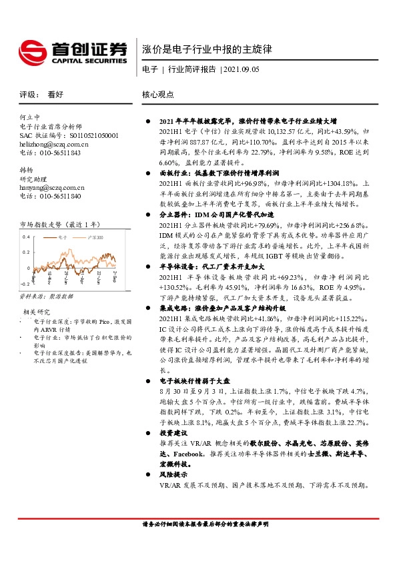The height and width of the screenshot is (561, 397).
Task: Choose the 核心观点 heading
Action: point(157,95)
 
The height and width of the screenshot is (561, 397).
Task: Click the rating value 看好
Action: point(55,95)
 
